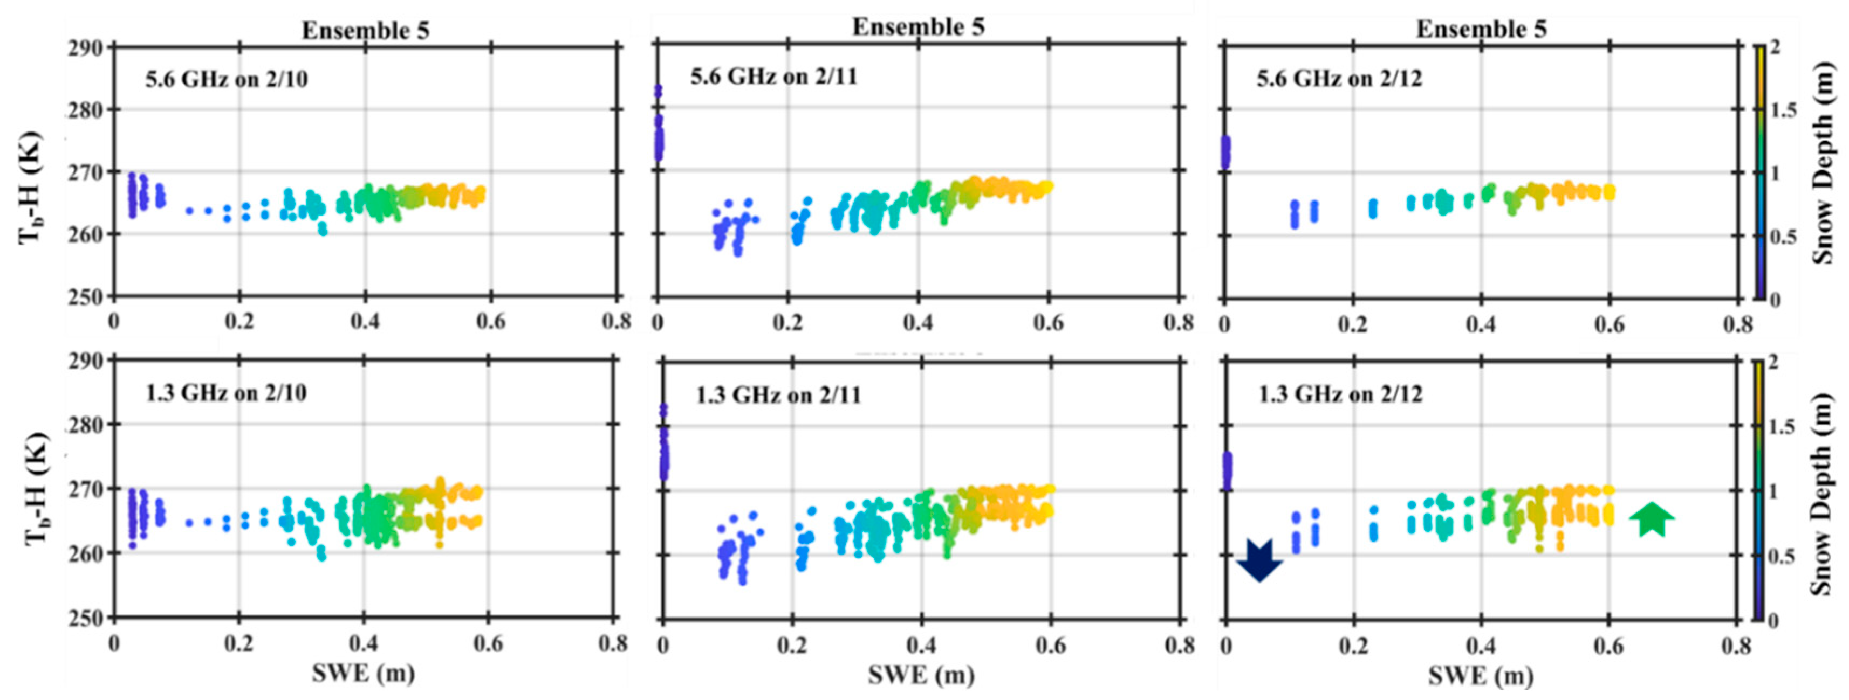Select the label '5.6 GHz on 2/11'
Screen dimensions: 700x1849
click(x=774, y=76)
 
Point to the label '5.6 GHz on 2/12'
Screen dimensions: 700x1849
click(x=1339, y=78)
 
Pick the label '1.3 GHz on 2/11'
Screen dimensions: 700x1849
click(x=778, y=395)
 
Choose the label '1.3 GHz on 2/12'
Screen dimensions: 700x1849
click(x=1341, y=394)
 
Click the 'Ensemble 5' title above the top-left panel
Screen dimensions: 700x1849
click(x=365, y=31)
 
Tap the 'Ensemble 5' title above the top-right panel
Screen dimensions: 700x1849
click(x=1481, y=30)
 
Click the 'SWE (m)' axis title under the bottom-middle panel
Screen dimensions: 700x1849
click(x=921, y=675)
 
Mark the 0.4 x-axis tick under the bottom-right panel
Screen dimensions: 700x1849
click(x=1481, y=646)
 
